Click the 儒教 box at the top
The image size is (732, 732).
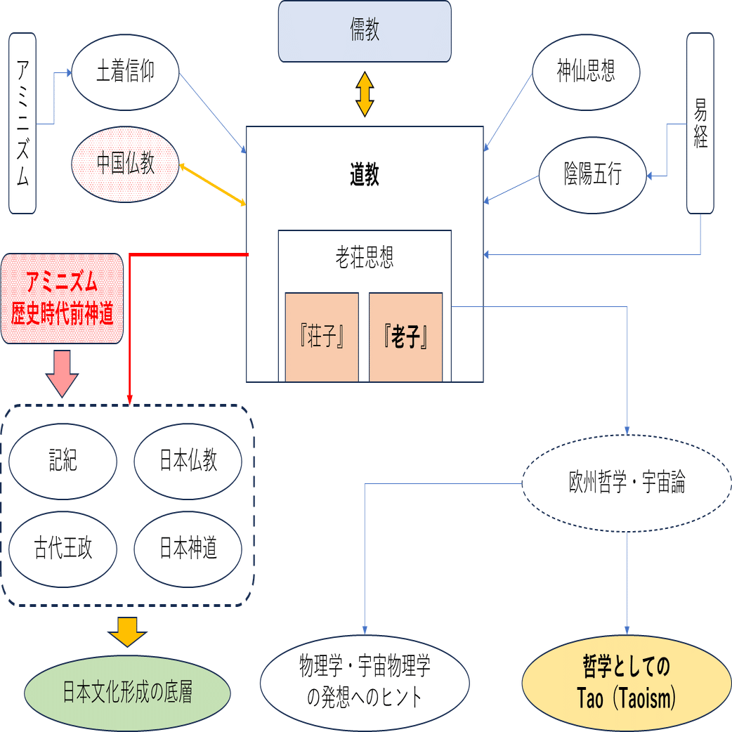click(x=364, y=32)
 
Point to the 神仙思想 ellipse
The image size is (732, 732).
click(x=586, y=72)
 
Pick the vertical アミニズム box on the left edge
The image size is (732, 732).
click(x=22, y=122)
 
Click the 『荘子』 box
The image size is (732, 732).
click(x=322, y=337)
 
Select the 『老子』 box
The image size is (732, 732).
click(x=406, y=337)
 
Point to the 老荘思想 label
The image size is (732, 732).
click(x=364, y=258)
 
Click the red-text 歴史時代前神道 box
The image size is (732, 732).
click(x=63, y=299)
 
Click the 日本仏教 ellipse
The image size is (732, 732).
click(x=188, y=461)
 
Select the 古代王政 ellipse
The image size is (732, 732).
click(x=63, y=549)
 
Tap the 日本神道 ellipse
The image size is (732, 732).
click(x=188, y=549)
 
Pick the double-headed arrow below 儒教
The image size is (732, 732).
click(x=363, y=93)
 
